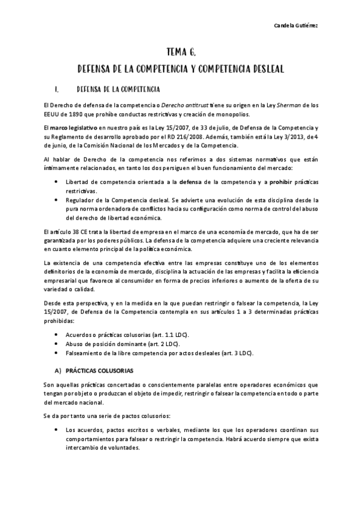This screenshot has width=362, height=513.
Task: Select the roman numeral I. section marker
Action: [x=56, y=90]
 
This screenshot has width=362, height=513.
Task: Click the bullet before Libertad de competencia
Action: [x=56, y=181]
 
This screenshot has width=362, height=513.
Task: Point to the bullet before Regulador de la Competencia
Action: [x=56, y=199]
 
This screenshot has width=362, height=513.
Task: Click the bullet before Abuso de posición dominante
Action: [x=56, y=343]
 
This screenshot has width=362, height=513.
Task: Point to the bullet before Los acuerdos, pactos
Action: [x=56, y=430]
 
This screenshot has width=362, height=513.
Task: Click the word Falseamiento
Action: [x=85, y=352]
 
